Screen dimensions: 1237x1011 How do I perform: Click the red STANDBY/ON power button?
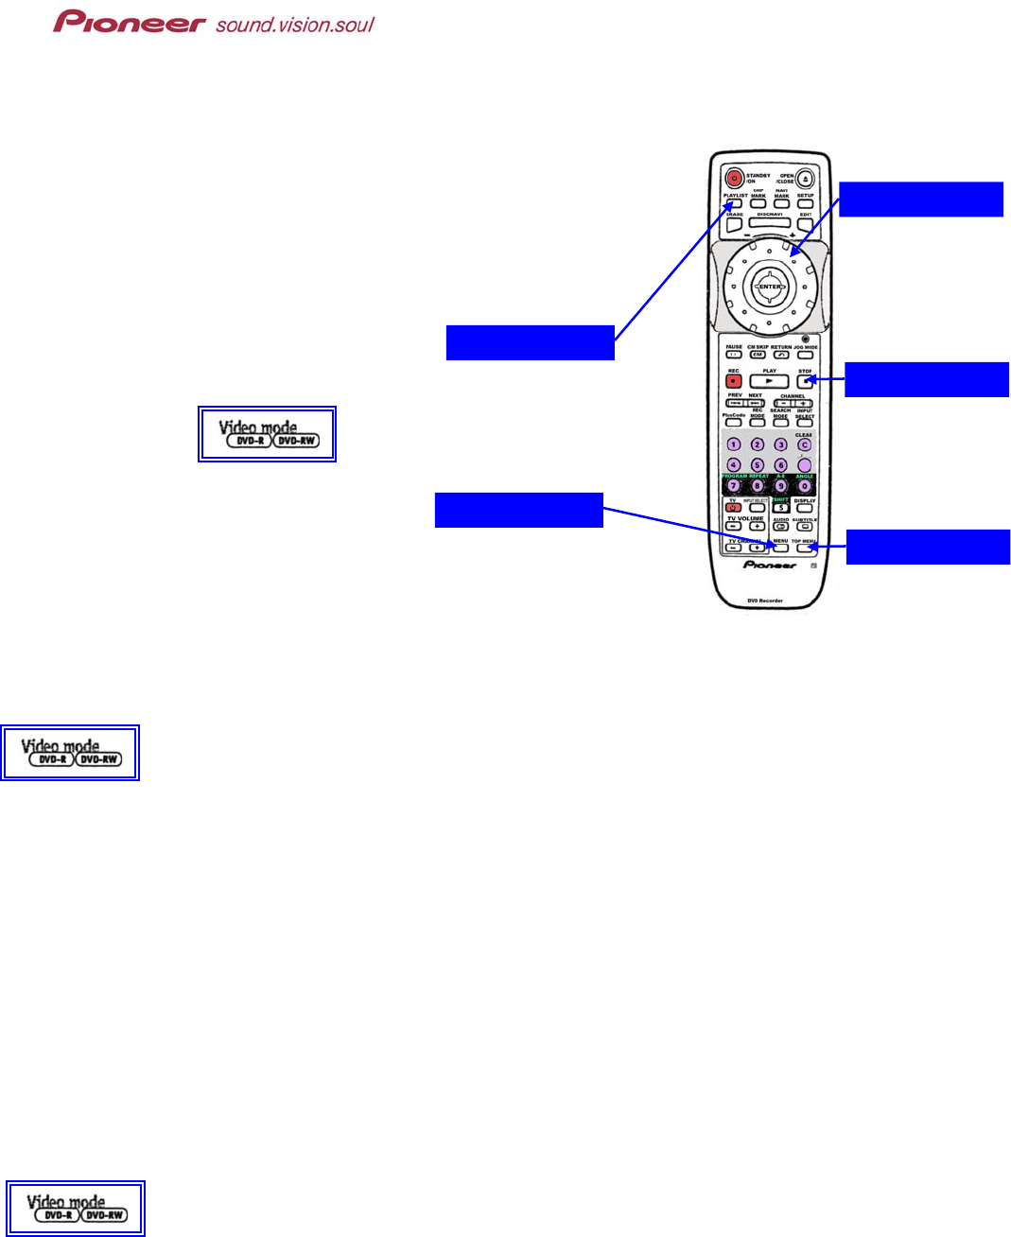[734, 177]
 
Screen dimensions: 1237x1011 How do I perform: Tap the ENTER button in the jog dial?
[770, 287]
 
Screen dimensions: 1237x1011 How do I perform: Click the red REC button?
[734, 381]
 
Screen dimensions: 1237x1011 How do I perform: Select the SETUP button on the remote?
[805, 203]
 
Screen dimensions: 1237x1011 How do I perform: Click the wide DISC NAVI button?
[770, 223]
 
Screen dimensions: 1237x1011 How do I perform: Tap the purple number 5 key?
[758, 464]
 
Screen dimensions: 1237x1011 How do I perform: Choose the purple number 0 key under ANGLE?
[805, 485]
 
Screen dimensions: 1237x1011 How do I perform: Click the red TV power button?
[733, 508]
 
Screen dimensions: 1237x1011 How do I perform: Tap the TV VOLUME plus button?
[757, 527]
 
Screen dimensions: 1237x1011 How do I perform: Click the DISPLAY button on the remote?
[805, 508]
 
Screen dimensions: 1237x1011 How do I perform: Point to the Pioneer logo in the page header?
[129, 22]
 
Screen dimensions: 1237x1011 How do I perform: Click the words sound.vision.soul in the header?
[295, 24]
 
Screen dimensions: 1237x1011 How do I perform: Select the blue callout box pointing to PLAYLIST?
[530, 342]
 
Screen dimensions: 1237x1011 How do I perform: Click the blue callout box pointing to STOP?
[926, 379]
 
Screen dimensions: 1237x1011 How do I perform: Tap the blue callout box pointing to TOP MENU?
[927, 547]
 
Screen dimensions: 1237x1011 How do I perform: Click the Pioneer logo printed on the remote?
[770, 565]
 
